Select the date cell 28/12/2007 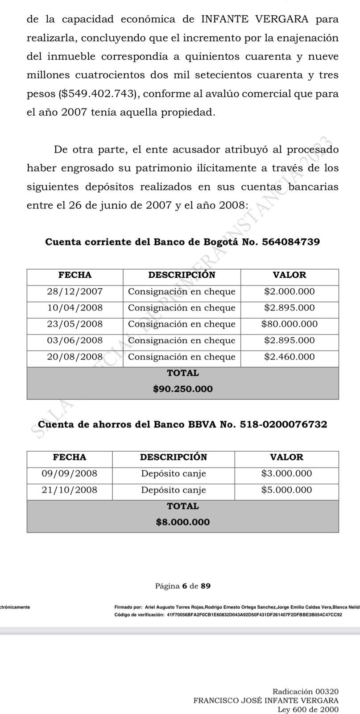[74, 292]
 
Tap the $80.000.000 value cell [289, 324]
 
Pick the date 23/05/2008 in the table [74, 324]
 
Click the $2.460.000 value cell [289, 357]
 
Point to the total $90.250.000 [182, 389]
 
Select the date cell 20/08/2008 [74, 357]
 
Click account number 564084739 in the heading [291, 242]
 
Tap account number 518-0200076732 [283, 424]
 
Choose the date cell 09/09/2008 [69, 473]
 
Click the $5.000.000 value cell [286, 490]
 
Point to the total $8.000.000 [182, 522]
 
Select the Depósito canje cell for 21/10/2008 [174, 490]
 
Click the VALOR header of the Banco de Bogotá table [289, 275]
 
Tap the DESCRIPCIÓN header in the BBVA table [174, 457]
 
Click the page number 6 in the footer [184, 586]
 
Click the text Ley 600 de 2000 [308, 710]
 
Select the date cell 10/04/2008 [74, 308]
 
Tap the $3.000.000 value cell [286, 473]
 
